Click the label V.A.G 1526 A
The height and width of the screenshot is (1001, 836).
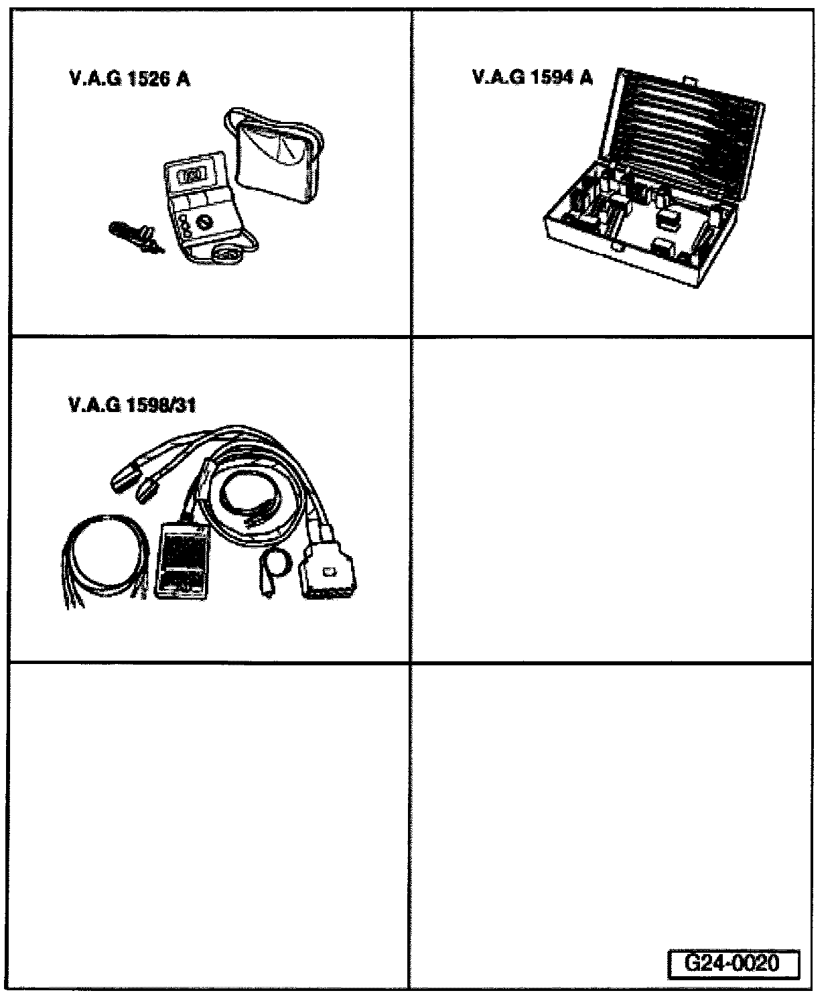(129, 79)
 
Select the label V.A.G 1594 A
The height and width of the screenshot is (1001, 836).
(533, 78)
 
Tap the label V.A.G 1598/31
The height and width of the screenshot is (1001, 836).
(132, 405)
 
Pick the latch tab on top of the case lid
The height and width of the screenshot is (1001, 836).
(689, 82)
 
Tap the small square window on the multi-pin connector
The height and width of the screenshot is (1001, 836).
(328, 572)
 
